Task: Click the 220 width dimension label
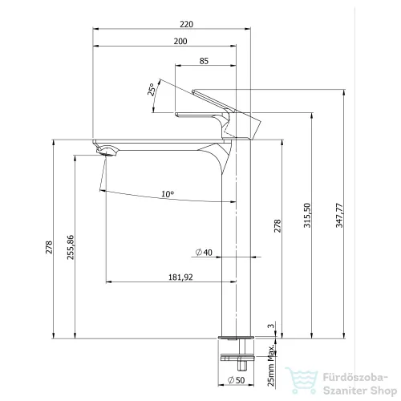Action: [186, 24]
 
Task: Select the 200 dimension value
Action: [180, 42]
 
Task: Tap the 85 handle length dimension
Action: [204, 61]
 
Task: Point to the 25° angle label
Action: [151, 89]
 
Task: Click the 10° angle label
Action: [168, 194]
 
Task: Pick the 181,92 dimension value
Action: [180, 277]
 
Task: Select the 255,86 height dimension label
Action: [71, 247]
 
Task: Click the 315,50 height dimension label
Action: [307, 216]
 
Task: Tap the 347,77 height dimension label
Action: [339, 216]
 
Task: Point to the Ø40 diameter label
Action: [204, 252]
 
